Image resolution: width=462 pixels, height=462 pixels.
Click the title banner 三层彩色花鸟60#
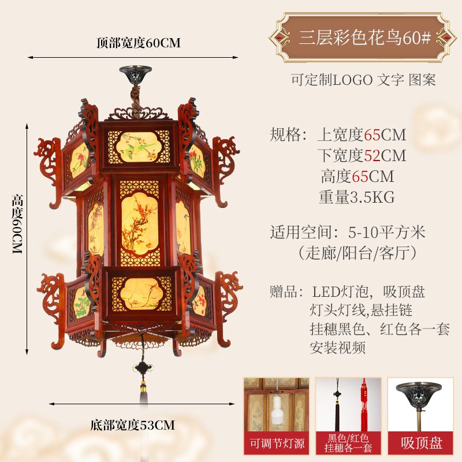click(x=364, y=38)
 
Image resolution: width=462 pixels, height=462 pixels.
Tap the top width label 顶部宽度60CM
click(x=139, y=43)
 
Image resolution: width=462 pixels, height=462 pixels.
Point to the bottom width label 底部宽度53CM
click(x=132, y=426)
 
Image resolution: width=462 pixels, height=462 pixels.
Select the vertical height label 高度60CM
click(x=17, y=226)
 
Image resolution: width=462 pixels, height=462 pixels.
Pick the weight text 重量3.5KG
click(x=356, y=198)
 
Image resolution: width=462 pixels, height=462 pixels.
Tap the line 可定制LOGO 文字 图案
click(x=363, y=80)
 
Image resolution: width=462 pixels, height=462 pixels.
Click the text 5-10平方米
click(x=386, y=233)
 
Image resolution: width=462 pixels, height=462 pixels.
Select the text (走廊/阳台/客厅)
click(x=357, y=252)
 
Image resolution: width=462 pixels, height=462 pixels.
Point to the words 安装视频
click(x=338, y=348)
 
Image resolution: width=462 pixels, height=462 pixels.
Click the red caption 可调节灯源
click(x=276, y=444)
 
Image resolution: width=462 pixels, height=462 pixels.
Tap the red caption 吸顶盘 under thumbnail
click(x=422, y=444)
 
